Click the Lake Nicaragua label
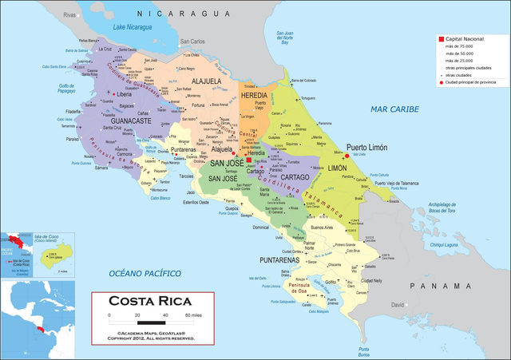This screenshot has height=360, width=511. [133, 29]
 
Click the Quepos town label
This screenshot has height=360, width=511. [232, 208]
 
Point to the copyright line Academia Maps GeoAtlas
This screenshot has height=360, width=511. [151, 333]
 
